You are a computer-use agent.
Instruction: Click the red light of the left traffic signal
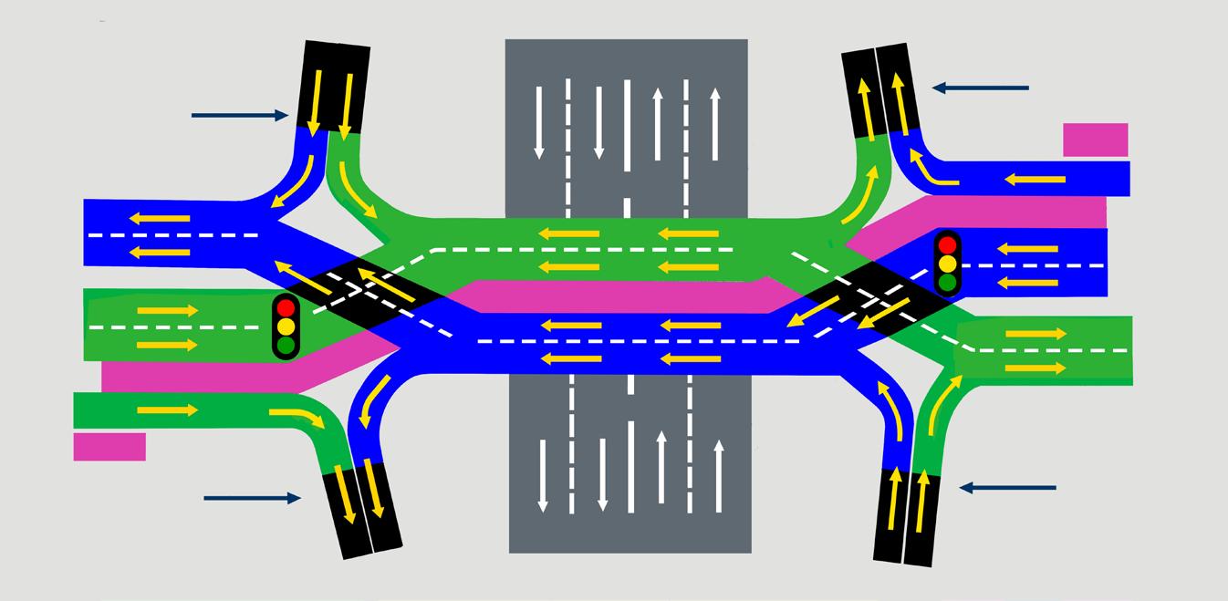coord(286,307)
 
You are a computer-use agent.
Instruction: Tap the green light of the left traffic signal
coord(286,346)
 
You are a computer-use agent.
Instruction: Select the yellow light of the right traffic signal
coord(948,264)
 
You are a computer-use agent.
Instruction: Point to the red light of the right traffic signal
coord(948,244)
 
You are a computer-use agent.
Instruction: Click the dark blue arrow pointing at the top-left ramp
coord(239,116)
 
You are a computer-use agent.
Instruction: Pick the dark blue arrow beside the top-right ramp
coord(980,88)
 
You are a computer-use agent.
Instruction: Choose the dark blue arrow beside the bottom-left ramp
coord(252,498)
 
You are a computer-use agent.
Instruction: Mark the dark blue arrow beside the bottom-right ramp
coord(1007,489)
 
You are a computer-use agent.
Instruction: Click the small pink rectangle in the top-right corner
coord(1095,140)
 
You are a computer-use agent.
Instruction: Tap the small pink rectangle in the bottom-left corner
coord(109,447)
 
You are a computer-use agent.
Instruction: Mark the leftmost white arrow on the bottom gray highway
coord(543,474)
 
